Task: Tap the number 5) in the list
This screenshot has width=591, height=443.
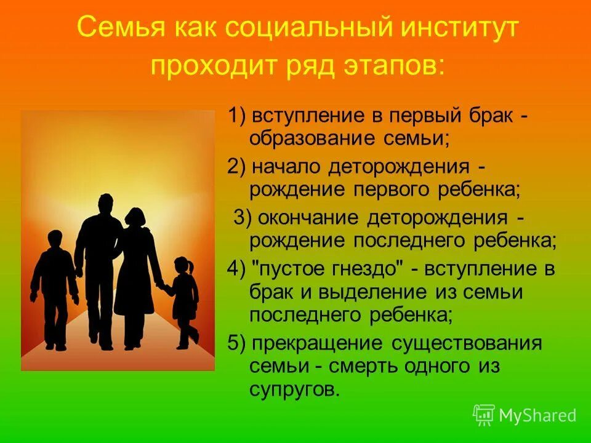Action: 238,343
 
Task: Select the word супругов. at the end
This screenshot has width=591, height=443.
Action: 294,389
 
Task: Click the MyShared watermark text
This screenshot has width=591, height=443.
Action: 537,415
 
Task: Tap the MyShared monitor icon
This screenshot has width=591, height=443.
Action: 484,415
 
